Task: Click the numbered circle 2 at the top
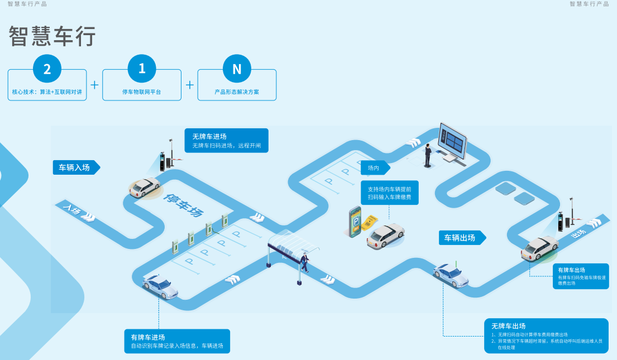(x=47, y=69)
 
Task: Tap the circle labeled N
(x=237, y=69)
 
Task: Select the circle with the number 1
(x=142, y=69)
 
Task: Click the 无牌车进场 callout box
(x=226, y=141)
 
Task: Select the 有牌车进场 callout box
(x=177, y=341)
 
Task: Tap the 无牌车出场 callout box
(x=546, y=336)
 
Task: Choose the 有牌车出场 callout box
(x=582, y=276)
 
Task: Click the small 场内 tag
(x=375, y=168)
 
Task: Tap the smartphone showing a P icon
(x=355, y=222)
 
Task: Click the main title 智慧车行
(x=52, y=36)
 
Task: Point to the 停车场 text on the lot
(x=183, y=205)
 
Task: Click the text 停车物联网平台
(x=142, y=92)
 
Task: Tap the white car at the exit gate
(x=539, y=248)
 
